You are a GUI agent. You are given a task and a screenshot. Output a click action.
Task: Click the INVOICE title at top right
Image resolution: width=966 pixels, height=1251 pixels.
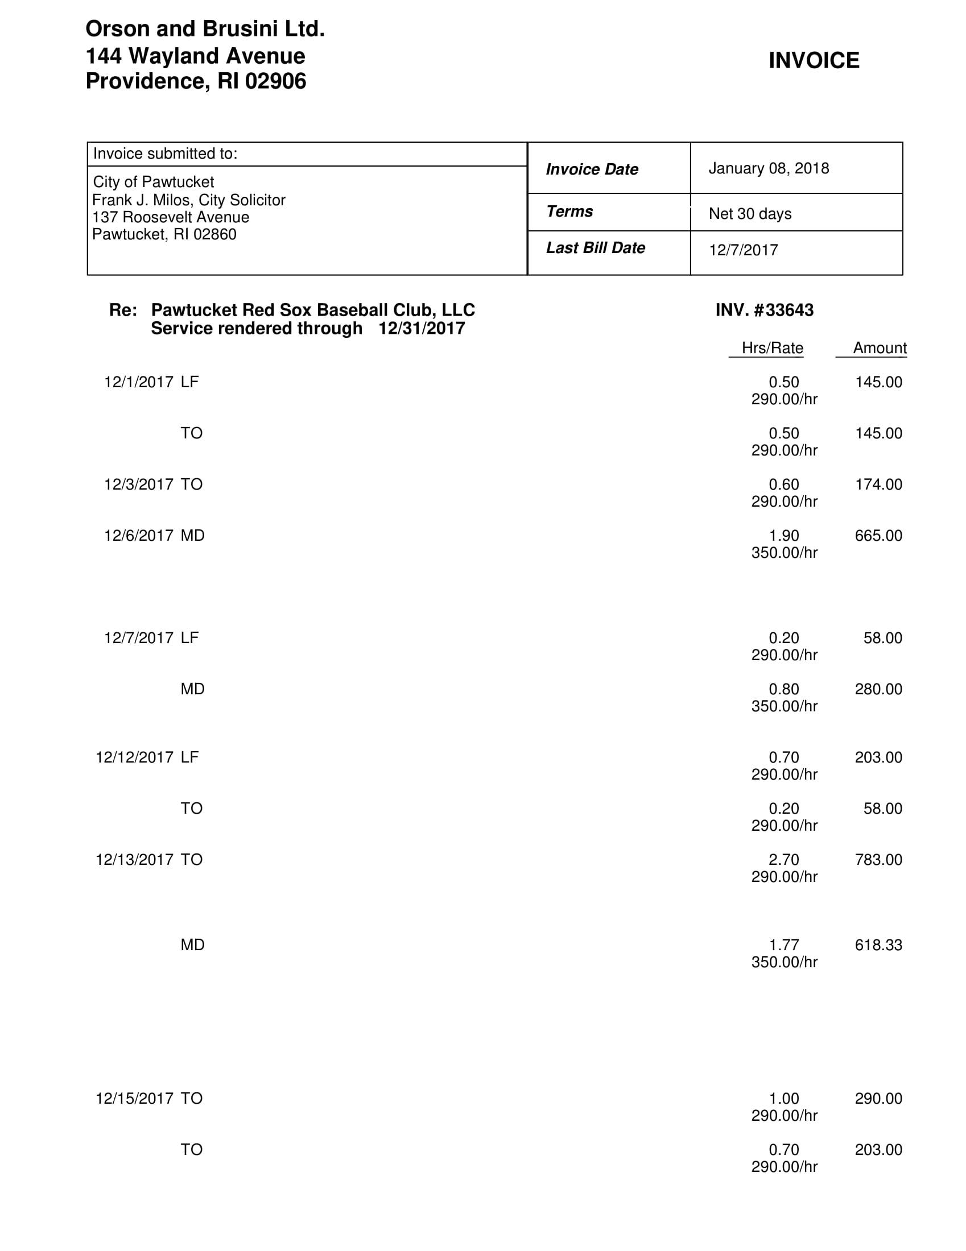click(x=813, y=61)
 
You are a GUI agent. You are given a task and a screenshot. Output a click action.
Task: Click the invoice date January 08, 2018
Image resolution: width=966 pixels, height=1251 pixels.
click(x=769, y=168)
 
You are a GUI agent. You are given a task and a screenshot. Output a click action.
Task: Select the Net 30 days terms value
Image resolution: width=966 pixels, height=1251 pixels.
click(x=749, y=214)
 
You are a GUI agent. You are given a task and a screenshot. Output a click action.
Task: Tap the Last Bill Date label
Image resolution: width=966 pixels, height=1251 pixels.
click(x=595, y=248)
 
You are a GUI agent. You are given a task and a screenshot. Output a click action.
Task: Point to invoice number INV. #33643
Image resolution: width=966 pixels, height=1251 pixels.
click(x=764, y=310)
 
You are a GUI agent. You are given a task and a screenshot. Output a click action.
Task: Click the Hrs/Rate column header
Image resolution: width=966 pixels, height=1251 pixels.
click(x=772, y=348)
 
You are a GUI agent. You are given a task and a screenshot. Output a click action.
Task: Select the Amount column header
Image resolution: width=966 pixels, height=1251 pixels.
click(x=880, y=348)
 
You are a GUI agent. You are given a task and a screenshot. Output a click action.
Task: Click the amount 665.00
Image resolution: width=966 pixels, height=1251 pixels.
click(x=878, y=536)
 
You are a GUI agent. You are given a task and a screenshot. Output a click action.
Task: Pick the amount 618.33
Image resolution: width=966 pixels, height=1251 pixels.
click(x=878, y=945)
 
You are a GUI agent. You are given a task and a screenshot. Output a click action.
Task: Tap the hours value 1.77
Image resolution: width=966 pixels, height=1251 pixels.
click(x=783, y=945)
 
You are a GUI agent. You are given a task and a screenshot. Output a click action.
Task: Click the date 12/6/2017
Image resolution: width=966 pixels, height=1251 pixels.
click(x=138, y=536)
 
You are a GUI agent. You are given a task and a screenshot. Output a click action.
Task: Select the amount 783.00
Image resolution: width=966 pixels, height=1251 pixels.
click(x=878, y=859)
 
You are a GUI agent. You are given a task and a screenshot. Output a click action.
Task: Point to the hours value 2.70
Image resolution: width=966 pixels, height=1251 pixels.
click(x=783, y=859)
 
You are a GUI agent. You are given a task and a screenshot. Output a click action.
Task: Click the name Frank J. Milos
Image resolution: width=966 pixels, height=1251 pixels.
click(x=141, y=200)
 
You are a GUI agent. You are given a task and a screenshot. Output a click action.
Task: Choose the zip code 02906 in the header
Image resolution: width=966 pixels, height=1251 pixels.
click(x=275, y=81)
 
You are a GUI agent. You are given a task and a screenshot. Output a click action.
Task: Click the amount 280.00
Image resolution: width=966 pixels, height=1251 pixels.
click(x=878, y=689)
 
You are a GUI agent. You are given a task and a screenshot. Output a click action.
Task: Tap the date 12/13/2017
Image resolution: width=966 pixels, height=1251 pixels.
click(x=134, y=859)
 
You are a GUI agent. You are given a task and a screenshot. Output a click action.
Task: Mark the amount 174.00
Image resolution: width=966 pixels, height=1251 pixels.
click(x=878, y=484)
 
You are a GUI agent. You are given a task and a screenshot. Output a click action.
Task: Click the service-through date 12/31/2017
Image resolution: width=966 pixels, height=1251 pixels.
click(x=421, y=329)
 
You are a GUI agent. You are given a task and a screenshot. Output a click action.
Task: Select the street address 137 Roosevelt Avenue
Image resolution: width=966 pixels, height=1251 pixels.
click(x=171, y=217)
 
